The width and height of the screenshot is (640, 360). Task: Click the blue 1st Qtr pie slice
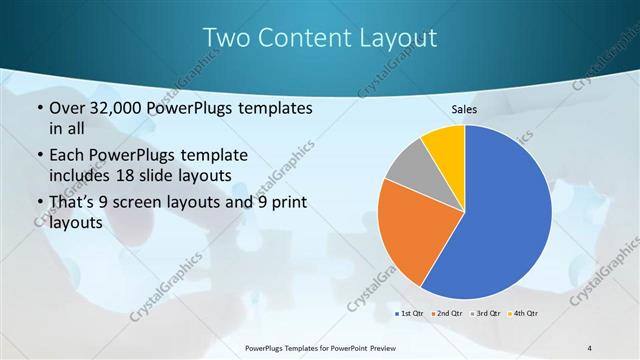pyautogui.click(x=505, y=215)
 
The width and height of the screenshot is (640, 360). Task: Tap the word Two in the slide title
pyautogui.click(x=225, y=38)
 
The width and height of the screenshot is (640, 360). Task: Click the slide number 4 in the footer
pyautogui.click(x=590, y=347)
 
